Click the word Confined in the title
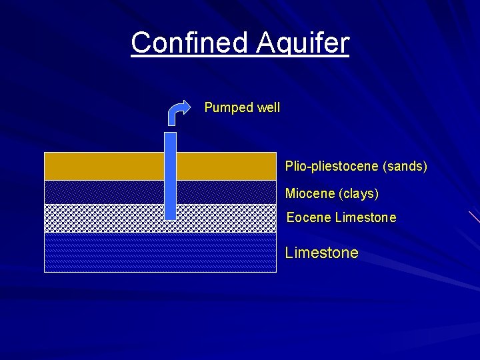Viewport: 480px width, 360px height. (x=189, y=43)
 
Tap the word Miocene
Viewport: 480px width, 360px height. (x=310, y=194)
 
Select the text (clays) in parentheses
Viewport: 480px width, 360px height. (x=359, y=194)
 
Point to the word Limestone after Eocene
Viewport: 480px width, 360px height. (x=366, y=218)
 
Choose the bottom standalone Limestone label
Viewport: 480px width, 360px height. (x=321, y=253)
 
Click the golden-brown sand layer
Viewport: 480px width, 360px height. (x=100, y=166)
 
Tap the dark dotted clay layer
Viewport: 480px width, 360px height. (x=100, y=192)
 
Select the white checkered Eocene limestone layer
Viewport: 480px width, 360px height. (x=100, y=218)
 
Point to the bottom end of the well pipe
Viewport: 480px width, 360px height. (x=170, y=217)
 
